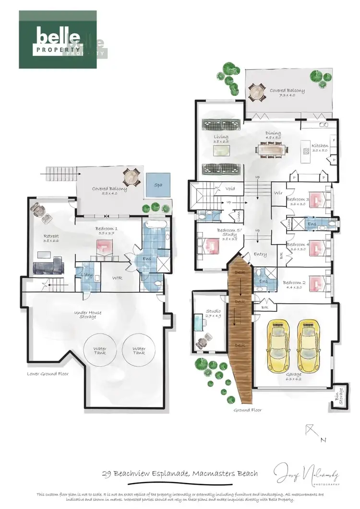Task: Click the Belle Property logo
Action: tap(59, 39)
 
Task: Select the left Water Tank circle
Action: tap(100, 351)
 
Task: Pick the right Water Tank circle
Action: tap(139, 351)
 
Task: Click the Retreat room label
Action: tap(51, 238)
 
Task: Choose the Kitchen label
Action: tap(320, 147)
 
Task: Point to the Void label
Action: tap(230, 189)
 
